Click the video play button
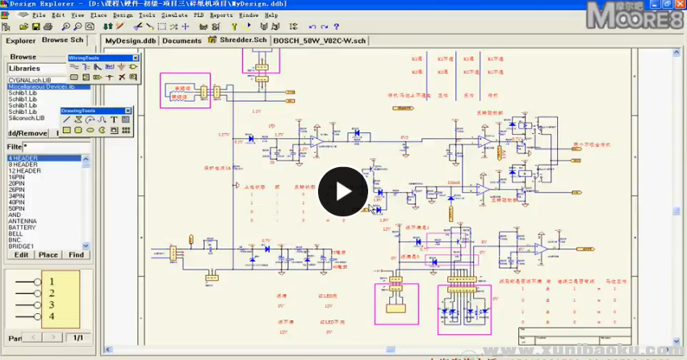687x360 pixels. point(342,191)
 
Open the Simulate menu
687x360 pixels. point(174,15)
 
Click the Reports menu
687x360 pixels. point(221,15)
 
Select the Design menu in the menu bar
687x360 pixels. point(123,15)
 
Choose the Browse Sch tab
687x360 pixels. point(62,40)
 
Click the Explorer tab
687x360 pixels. point(20,40)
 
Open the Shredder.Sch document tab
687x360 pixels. point(237,40)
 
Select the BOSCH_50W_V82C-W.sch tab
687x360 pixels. point(319,40)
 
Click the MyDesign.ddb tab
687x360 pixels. point(129,40)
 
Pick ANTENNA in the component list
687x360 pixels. point(23,220)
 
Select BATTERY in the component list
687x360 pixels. point(22,227)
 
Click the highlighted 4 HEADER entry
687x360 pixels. point(23,158)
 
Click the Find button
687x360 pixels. point(76,255)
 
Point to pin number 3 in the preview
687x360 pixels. point(51,305)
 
